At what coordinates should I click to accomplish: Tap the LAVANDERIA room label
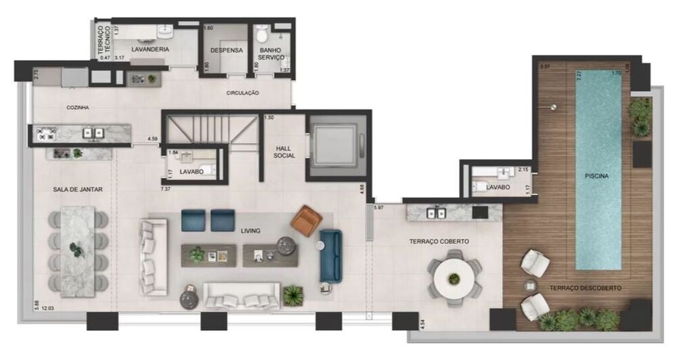pos(151,49)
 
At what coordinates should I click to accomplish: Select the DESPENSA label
pos(226,50)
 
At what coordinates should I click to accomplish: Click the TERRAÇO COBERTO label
pos(439,241)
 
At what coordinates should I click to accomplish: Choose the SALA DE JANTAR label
pos(79,190)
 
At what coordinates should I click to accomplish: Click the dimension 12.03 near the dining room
pos(47,309)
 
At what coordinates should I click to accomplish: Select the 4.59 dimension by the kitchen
pos(154,139)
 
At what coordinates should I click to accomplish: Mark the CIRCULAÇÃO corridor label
pos(242,93)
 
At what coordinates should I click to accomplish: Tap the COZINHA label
pos(78,108)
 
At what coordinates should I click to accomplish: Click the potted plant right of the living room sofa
pos(293,295)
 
